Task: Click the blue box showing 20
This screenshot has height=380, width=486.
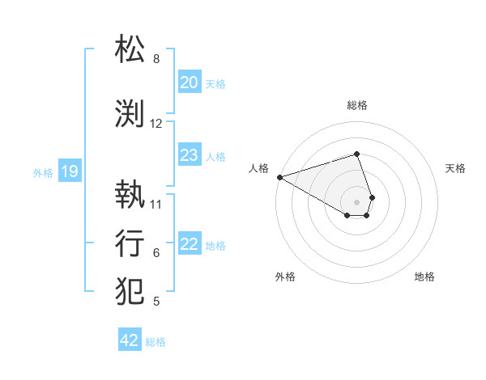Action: click(x=189, y=82)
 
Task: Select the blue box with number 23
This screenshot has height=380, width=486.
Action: click(x=189, y=155)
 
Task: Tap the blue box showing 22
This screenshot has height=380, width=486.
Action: click(x=189, y=244)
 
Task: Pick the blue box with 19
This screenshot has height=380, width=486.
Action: click(x=69, y=171)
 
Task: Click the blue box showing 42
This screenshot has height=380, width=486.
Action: click(x=130, y=340)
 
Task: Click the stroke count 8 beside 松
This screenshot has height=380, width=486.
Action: click(x=156, y=59)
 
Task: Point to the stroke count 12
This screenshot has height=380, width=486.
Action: click(x=156, y=124)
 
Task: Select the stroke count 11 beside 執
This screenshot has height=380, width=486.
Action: click(x=156, y=204)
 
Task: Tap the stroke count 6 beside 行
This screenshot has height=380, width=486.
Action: click(x=156, y=253)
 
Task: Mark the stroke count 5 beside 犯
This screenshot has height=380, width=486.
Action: click(x=156, y=302)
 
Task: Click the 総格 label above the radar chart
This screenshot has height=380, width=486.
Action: click(x=356, y=105)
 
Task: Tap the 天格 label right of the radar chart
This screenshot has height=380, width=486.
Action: click(x=455, y=168)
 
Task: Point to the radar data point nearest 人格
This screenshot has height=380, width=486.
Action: click(x=279, y=177)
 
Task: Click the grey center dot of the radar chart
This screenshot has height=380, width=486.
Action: click(x=356, y=201)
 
